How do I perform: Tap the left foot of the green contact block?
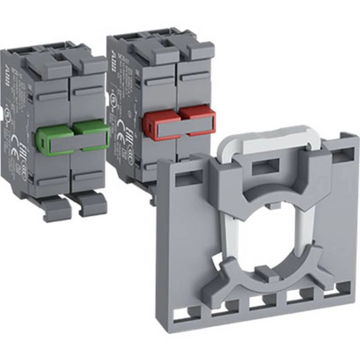[x=54, y=209]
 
